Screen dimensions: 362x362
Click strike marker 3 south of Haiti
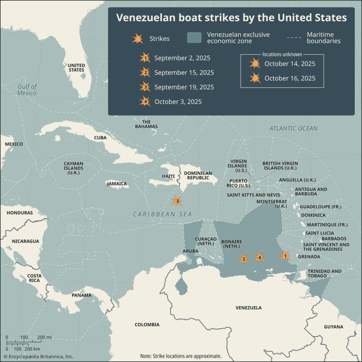[177, 201]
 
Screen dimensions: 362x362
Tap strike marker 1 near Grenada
[285, 255]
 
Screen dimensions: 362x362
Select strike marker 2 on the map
[243, 259]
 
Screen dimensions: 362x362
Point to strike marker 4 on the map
[259, 258]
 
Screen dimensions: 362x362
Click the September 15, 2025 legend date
[184, 73]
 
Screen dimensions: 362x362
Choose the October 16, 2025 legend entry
[290, 78]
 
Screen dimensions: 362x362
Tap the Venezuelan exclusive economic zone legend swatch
[194, 38]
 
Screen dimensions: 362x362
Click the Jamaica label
[117, 184]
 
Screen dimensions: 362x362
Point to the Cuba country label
[100, 138]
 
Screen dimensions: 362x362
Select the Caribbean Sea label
[162, 214]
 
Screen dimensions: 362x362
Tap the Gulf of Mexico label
[27, 90]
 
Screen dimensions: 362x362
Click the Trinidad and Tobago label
[325, 274]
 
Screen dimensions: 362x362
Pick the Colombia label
[147, 325]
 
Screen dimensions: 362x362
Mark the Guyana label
[333, 327]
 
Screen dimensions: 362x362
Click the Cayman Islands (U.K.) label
[74, 168]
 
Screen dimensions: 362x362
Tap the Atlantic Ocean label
[293, 129]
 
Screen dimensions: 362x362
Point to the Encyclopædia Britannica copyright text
[39, 356]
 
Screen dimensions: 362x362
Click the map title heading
[232, 18]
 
